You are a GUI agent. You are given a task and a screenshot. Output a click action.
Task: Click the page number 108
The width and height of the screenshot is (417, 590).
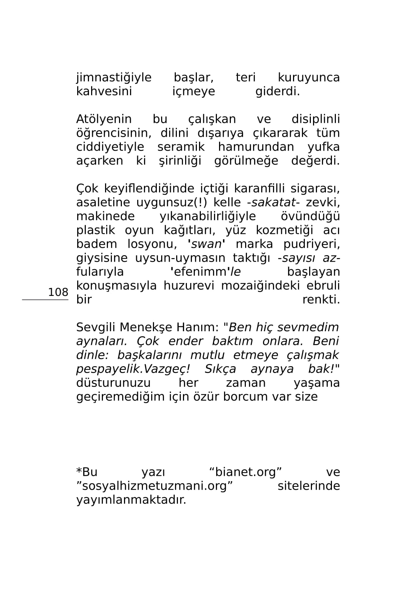58,292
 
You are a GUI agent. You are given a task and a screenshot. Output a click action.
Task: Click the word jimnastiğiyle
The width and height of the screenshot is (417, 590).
114,77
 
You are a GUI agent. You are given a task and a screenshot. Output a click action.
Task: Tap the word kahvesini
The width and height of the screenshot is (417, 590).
104,91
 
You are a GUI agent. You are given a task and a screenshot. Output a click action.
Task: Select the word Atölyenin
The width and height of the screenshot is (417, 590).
104,119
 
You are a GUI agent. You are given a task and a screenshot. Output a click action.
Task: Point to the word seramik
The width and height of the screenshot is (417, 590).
181,147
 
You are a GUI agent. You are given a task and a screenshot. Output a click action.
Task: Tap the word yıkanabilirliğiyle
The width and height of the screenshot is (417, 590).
208,216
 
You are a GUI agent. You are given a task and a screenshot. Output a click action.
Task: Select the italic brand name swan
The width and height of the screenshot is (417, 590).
207,244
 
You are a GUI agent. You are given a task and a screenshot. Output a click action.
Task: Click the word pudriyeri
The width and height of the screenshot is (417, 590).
312,244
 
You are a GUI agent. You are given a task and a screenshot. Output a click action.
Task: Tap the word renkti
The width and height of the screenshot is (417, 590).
321,300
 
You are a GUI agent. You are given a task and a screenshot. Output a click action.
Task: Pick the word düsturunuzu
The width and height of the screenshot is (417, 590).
113,383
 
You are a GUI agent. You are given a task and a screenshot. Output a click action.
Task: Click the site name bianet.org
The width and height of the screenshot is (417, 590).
245,472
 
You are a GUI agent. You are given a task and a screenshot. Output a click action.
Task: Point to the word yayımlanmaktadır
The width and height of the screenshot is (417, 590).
131,500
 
